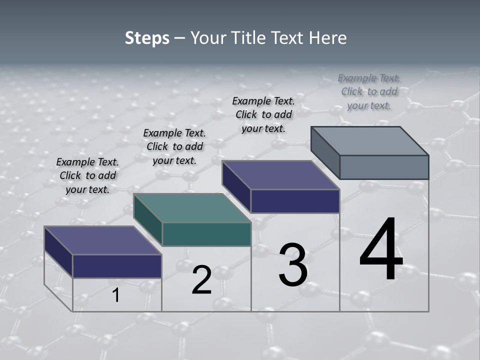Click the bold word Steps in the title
click(147, 38)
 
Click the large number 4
click(381, 250)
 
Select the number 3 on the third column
click(293, 265)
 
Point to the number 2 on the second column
click(201, 280)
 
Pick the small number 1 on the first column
click(116, 295)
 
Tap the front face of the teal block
click(206, 234)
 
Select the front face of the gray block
click(384, 167)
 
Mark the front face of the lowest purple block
click(117, 266)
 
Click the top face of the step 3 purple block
click(280, 175)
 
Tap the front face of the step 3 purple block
click(295, 201)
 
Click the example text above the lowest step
click(87, 175)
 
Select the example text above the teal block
click(174, 146)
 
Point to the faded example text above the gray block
click(369, 91)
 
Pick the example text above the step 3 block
click(263, 114)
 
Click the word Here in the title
click(328, 38)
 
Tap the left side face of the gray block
click(325, 152)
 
